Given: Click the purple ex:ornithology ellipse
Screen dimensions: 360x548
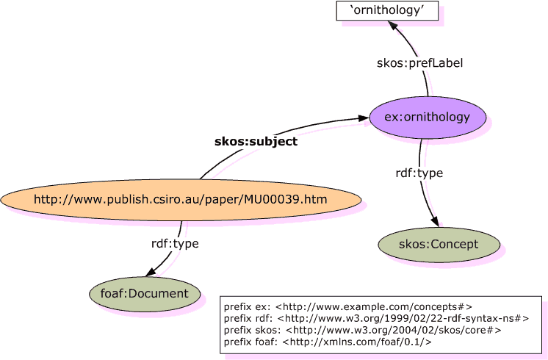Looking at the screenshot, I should (428, 117).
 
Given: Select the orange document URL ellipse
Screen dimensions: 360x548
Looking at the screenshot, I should (181, 198).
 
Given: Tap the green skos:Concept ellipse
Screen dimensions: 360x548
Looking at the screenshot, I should (439, 244).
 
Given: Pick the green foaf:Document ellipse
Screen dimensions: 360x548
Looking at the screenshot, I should (145, 293).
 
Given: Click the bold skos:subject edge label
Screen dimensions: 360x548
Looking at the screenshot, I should (256, 142).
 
